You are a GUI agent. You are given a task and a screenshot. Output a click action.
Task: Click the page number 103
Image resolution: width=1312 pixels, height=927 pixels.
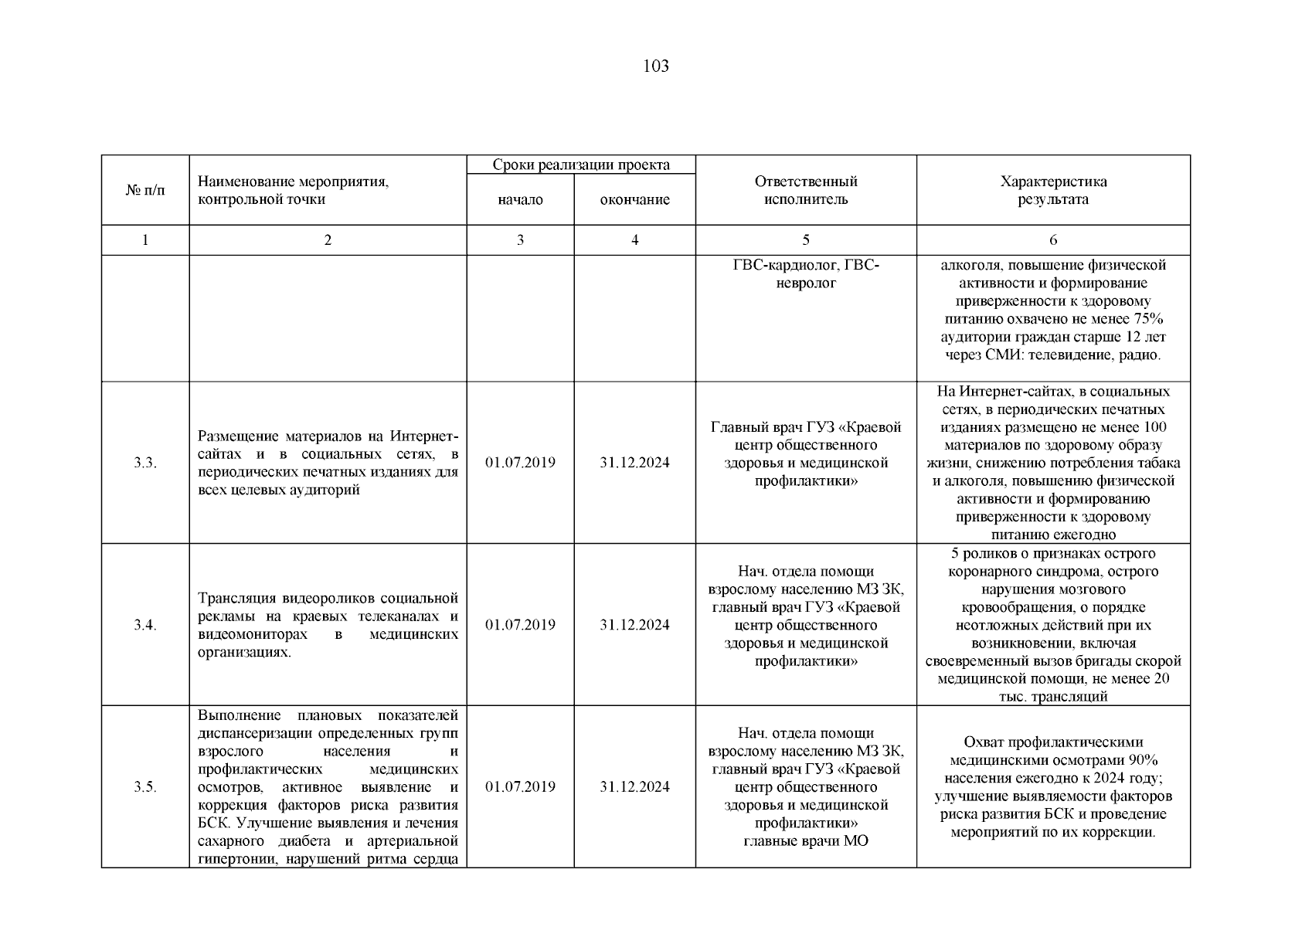click(656, 66)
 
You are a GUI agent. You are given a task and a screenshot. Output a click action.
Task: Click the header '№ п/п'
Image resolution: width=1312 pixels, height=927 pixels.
click(145, 190)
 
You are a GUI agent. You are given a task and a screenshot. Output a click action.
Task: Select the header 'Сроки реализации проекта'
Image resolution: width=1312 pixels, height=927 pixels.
click(581, 165)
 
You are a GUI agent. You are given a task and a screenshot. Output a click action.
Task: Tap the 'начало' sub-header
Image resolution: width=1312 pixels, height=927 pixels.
click(520, 200)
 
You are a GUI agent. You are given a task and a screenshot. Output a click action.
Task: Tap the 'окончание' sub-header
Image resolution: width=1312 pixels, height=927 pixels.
click(634, 200)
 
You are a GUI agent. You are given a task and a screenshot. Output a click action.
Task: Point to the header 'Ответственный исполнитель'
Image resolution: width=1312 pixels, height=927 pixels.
click(806, 190)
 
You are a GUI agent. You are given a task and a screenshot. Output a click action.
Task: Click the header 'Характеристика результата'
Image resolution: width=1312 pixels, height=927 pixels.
click(1053, 190)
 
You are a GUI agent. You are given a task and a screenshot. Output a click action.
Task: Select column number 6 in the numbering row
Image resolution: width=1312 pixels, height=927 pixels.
click(1053, 240)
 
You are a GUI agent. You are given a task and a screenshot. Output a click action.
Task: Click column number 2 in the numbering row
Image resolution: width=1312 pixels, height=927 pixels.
click(328, 240)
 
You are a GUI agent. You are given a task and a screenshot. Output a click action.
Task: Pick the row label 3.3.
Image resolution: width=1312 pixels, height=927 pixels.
click(145, 463)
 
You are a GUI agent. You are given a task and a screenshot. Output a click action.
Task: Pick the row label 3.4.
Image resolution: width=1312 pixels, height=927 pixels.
click(145, 625)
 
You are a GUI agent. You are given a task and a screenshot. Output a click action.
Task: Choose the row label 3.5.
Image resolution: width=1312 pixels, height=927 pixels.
click(145, 787)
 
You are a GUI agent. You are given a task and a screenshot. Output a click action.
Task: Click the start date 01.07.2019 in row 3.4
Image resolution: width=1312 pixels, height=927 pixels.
click(520, 625)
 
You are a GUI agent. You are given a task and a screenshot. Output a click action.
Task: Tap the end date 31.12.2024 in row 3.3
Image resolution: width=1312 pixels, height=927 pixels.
click(634, 463)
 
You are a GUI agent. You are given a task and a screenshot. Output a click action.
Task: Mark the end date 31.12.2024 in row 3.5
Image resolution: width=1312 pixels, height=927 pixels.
click(634, 787)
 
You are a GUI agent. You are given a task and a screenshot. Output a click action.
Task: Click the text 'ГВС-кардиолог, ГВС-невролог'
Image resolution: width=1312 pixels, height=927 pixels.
click(806, 274)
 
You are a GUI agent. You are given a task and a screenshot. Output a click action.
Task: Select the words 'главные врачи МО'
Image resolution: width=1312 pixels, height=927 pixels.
click(806, 841)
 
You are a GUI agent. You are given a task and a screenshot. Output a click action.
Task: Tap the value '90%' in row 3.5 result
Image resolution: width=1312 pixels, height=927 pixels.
click(1143, 760)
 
